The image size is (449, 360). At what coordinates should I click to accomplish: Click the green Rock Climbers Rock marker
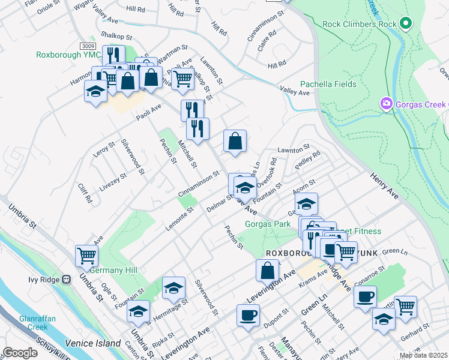(x=406, y=24)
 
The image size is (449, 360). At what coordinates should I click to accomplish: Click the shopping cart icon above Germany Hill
(x=86, y=256)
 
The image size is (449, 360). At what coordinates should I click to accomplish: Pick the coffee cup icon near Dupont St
(x=248, y=314)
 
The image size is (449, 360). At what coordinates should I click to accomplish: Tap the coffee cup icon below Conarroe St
(x=365, y=296)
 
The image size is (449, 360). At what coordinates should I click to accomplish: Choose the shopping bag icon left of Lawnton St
(x=235, y=141)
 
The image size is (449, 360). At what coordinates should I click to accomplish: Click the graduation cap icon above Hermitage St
(x=173, y=287)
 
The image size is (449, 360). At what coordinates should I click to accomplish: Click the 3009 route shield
(x=88, y=46)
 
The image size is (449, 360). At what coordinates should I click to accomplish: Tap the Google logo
(x=20, y=353)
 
